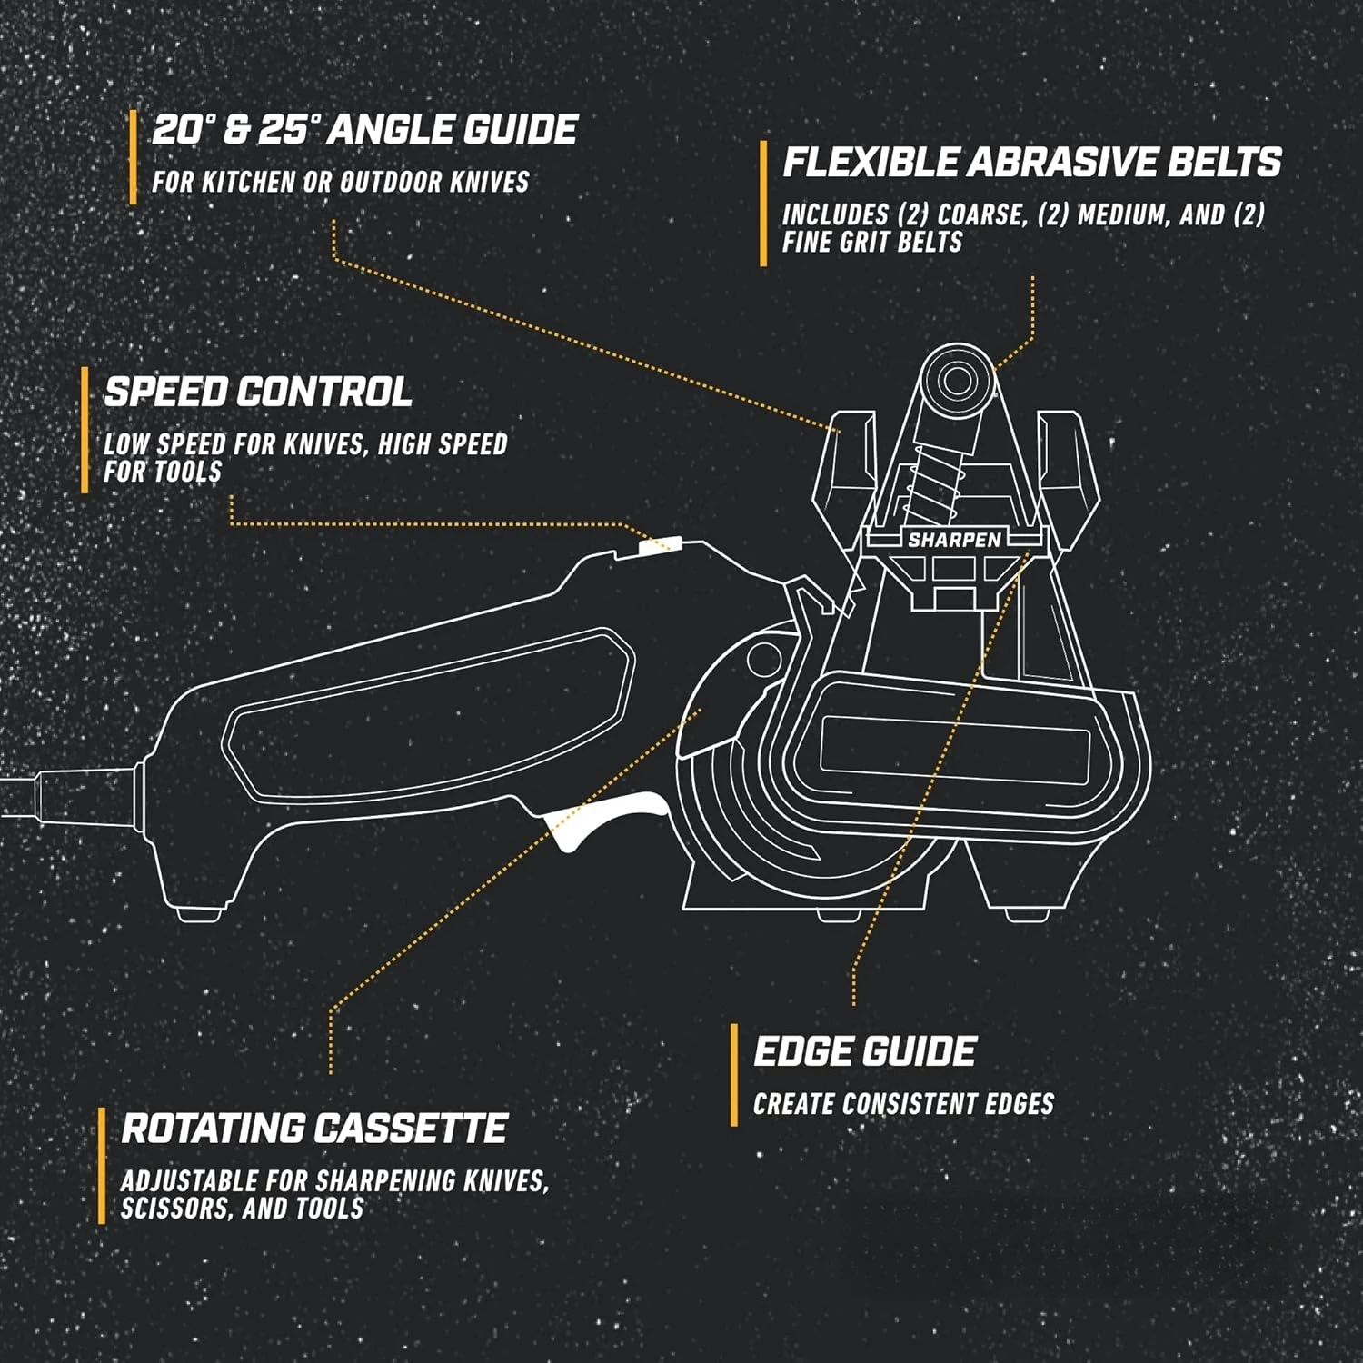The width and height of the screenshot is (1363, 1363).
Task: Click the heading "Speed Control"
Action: [x=258, y=392]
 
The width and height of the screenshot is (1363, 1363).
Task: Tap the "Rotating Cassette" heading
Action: [x=313, y=1129]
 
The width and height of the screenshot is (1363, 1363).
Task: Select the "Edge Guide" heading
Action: [x=864, y=1051]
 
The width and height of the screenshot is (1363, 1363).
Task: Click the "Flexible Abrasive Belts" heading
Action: [x=1032, y=162]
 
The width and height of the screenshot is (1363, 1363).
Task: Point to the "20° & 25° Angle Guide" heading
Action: [x=363, y=129]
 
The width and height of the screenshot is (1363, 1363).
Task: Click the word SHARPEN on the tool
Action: [x=954, y=540]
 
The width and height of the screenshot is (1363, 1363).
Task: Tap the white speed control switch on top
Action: [x=659, y=545]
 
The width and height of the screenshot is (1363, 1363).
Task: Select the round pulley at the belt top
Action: [x=957, y=380]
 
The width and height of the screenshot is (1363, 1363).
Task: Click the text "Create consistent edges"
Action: [x=903, y=1104]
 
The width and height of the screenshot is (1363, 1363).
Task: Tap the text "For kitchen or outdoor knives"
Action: [x=340, y=182]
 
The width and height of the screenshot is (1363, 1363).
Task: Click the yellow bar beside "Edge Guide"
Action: [x=734, y=1075]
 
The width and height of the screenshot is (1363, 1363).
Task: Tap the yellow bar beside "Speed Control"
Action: [x=85, y=430]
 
